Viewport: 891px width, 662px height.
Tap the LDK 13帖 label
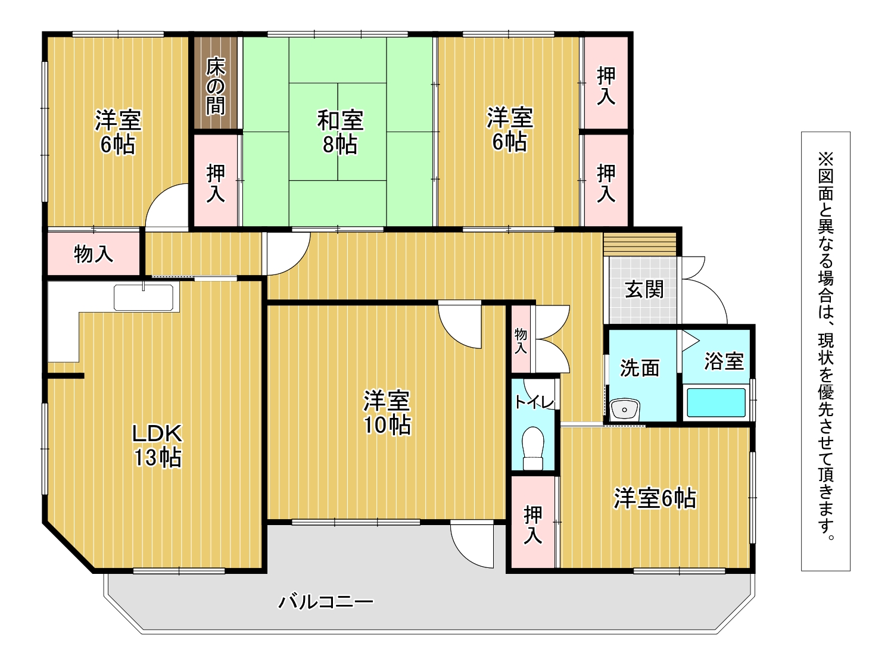pos(157,445)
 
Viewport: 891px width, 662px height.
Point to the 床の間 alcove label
pos(216,86)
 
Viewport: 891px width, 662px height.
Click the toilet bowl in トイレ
pos(532,448)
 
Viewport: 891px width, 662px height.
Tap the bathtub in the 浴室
pos(716,402)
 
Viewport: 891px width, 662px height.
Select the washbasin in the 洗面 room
pos(624,410)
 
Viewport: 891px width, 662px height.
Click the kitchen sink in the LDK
pos(144,298)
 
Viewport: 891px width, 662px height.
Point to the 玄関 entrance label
pos(644,289)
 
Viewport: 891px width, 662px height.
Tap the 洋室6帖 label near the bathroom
pos(655,498)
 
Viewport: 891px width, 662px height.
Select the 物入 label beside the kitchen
pos(94,254)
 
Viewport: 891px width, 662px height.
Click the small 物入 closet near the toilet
pos(521,341)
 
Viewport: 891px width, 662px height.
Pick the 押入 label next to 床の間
pos(216,183)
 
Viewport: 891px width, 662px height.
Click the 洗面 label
pos(640,367)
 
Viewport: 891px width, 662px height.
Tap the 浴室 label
pos(724,361)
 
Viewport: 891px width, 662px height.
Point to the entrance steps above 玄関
pos(640,244)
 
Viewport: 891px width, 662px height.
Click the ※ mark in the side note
pos(825,160)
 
